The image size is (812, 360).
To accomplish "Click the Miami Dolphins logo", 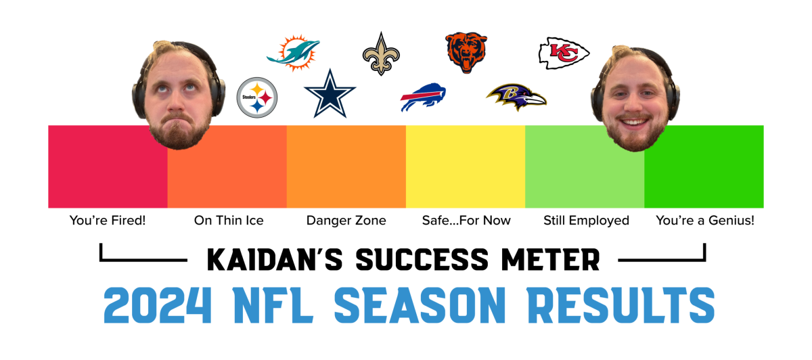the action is pos(294,53).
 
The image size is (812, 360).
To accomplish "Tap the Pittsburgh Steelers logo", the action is pos(257,97).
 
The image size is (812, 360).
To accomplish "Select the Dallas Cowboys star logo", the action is pos(330,93).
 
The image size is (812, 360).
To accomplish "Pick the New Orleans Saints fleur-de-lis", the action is pos(381,54).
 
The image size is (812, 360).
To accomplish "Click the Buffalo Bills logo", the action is pos(423,97).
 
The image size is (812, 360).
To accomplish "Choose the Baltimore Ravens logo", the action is pos(516,97).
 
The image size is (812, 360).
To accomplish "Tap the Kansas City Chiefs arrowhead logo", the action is pos(564,53).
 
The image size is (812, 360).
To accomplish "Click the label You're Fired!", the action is pos(108,221).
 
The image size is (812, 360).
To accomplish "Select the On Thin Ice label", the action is pos(229,221).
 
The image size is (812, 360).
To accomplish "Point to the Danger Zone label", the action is pos(346,221).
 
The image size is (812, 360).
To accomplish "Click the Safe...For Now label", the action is pos(466,221).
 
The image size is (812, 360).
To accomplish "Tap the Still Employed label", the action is pos(586,221).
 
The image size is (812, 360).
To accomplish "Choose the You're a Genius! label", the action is pos(705,221).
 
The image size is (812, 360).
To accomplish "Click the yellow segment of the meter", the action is pos(466,166).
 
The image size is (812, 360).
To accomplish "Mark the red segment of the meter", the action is pos(108,166).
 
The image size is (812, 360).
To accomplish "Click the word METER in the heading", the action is pos(551,260).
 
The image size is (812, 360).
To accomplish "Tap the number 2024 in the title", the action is pos(157,305).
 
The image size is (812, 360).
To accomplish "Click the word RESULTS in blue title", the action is pos(621,305).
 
